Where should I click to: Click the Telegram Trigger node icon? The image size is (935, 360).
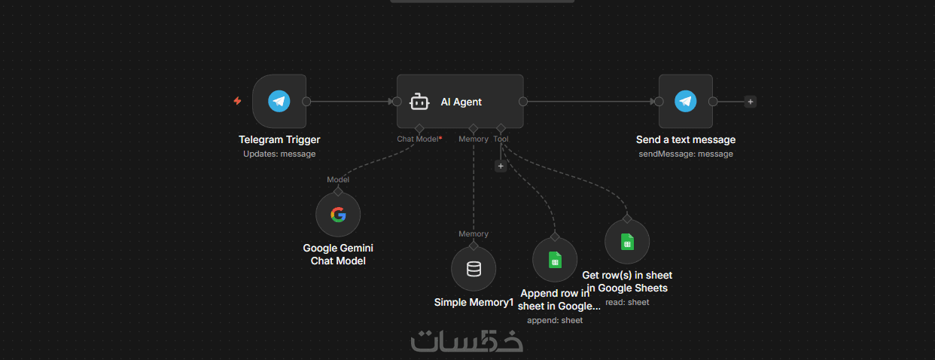pyautogui.click(x=279, y=101)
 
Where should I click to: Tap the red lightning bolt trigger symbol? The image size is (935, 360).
pyautogui.click(x=237, y=101)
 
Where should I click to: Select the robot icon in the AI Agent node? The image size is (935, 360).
pyautogui.click(x=419, y=102)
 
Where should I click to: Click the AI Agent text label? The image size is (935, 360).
pyautogui.click(x=461, y=102)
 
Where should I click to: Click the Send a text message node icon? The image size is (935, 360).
pyautogui.click(x=685, y=101)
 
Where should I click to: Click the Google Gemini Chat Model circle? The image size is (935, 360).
pyautogui.click(x=338, y=215)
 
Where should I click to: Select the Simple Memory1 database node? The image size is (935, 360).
pyautogui.click(x=474, y=269)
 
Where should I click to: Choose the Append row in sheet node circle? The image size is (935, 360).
pyautogui.click(x=555, y=260)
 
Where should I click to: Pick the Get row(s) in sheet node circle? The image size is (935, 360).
pyautogui.click(x=627, y=242)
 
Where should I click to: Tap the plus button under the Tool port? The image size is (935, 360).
pyautogui.click(x=501, y=166)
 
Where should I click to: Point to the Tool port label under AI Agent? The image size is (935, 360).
pyautogui.click(x=501, y=139)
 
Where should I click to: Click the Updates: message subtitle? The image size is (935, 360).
pyautogui.click(x=279, y=154)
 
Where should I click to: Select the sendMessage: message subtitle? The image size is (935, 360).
pyautogui.click(x=685, y=154)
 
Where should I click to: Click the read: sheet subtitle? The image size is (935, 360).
pyautogui.click(x=627, y=302)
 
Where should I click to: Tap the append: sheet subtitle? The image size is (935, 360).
pyautogui.click(x=555, y=320)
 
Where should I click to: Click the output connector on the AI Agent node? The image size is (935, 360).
pyautogui.click(x=523, y=102)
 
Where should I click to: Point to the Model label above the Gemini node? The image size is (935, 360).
pyautogui.click(x=338, y=179)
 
